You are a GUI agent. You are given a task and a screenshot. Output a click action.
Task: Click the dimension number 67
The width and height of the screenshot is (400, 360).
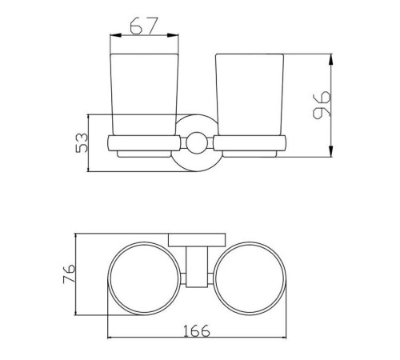tap(144, 26)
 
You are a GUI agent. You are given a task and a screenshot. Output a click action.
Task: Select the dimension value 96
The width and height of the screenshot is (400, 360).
tap(322, 105)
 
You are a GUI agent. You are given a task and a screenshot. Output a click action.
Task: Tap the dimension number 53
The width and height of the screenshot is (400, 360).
tap(82, 143)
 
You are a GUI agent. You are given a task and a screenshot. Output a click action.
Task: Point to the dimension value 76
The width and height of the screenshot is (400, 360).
tap(69, 274)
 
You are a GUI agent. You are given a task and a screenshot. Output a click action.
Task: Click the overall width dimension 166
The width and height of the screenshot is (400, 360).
tap(197, 330)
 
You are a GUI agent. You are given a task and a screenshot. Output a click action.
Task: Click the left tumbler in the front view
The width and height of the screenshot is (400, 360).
tap(144, 94)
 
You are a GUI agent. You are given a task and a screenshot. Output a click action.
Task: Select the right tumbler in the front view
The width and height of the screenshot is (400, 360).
tap(250, 94)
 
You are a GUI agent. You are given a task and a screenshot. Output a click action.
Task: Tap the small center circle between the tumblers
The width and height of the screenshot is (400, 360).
tap(197, 143)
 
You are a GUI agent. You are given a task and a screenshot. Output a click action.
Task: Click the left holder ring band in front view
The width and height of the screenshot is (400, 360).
tap(144, 143)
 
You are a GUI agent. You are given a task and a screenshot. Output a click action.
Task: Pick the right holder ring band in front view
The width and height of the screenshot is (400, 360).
tap(250, 143)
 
